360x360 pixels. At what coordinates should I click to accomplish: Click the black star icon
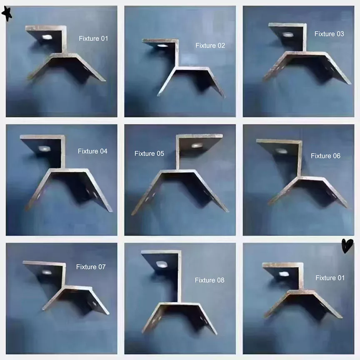pos(7,14)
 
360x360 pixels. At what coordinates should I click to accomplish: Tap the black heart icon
pos(347,246)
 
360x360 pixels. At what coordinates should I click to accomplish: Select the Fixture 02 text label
pos(210,45)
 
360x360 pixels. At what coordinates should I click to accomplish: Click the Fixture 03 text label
pos(329,34)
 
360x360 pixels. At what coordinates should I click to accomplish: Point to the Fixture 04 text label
pos(92,151)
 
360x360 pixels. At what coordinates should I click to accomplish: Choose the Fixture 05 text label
pos(149,154)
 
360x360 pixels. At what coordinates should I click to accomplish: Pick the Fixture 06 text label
pos(325,156)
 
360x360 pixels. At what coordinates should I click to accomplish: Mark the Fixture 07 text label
pos(91,267)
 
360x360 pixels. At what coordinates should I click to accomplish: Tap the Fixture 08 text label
pos(210,280)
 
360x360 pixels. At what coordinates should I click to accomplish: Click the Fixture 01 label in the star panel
pos(93,38)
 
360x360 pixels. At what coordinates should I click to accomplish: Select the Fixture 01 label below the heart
pos(330,278)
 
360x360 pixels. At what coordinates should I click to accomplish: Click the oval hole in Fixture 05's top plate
pos(197,145)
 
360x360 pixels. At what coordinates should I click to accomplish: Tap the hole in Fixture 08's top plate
pos(160,264)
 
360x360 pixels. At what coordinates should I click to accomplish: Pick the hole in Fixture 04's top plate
pos(43,148)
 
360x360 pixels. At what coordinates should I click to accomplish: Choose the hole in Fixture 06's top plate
pos(282,151)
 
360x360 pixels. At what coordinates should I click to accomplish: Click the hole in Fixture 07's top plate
pos(47,272)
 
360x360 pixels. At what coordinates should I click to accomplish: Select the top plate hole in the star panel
pos(47,37)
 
